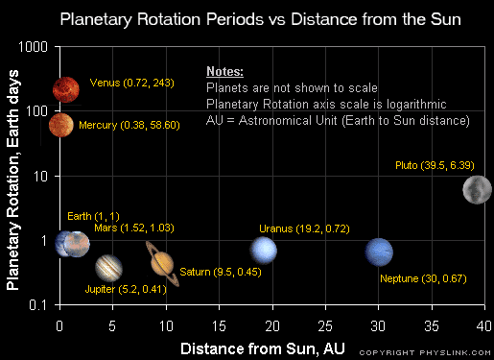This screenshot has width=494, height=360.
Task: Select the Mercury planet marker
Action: point(62,125)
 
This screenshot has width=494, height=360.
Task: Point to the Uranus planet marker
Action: point(264,250)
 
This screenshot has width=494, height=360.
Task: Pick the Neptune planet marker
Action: point(380,252)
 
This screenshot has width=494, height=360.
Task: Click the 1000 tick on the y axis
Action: point(35,46)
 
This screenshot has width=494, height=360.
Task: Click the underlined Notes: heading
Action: point(224,72)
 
